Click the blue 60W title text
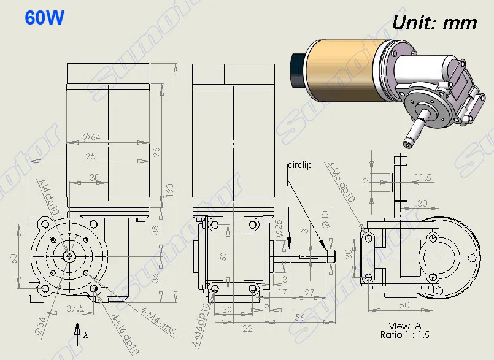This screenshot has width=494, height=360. tap(44, 17)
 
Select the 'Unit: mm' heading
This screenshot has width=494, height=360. tap(434, 23)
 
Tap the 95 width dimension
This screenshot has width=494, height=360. tap(90, 156)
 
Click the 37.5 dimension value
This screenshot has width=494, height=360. tap(75, 308)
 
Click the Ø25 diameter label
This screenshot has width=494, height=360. tap(279, 228)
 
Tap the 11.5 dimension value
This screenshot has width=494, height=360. tap(423, 178)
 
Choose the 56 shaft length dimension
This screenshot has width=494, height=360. tap(300, 318)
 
